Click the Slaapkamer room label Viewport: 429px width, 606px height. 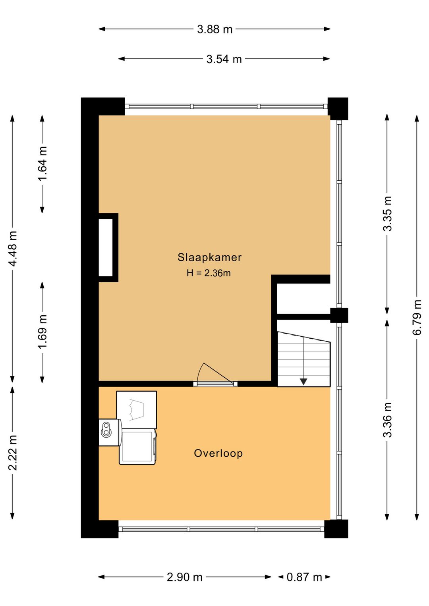coord(209,257)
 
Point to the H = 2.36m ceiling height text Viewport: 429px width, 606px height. coord(209,273)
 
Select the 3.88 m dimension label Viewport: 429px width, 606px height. coord(214,29)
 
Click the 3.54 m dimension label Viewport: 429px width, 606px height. coord(224,59)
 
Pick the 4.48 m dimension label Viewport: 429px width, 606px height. coord(13,248)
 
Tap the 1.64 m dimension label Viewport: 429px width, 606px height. coord(43,163)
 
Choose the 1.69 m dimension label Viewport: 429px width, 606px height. coord(43,332)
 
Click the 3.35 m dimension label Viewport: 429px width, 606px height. coord(387,214)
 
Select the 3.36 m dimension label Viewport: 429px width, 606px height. coord(387,420)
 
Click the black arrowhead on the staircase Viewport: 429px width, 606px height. coord(303,382)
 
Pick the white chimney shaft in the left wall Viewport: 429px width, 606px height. coord(106,247)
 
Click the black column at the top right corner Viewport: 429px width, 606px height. coord(338,108)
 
